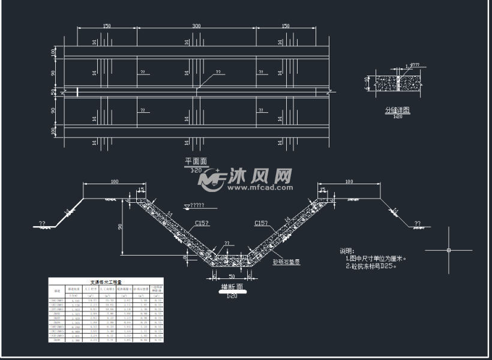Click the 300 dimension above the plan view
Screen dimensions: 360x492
point(196,26)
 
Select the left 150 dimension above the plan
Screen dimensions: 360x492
point(106,26)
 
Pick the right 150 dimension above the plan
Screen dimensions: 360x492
point(286,26)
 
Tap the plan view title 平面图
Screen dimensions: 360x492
point(196,161)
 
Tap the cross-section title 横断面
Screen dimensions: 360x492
point(232,287)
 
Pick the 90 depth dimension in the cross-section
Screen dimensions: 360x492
point(122,226)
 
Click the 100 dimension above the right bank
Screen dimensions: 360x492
point(349,181)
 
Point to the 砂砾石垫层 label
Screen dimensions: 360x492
point(286,262)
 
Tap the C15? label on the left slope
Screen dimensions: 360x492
point(202,223)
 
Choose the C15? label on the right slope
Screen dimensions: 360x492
point(260,223)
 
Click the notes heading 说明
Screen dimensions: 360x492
point(348,251)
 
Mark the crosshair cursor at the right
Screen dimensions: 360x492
point(449,249)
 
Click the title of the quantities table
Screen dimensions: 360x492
point(106,281)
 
